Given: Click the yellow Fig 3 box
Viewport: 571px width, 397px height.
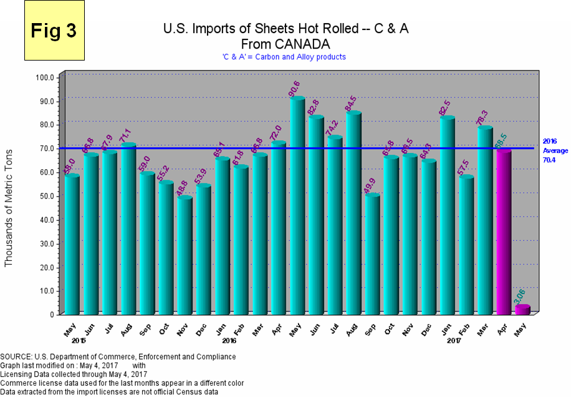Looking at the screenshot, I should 54,31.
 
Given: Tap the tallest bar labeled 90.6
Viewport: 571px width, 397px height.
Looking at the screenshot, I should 297,206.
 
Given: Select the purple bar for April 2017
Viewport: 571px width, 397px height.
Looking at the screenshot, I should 504,231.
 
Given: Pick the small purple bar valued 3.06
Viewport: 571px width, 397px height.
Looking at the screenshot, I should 522,310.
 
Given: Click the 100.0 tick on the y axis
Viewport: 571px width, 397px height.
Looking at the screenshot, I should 47,78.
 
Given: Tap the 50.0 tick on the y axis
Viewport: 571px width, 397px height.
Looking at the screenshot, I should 47,196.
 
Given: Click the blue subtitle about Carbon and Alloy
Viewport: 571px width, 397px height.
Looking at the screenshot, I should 284,57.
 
